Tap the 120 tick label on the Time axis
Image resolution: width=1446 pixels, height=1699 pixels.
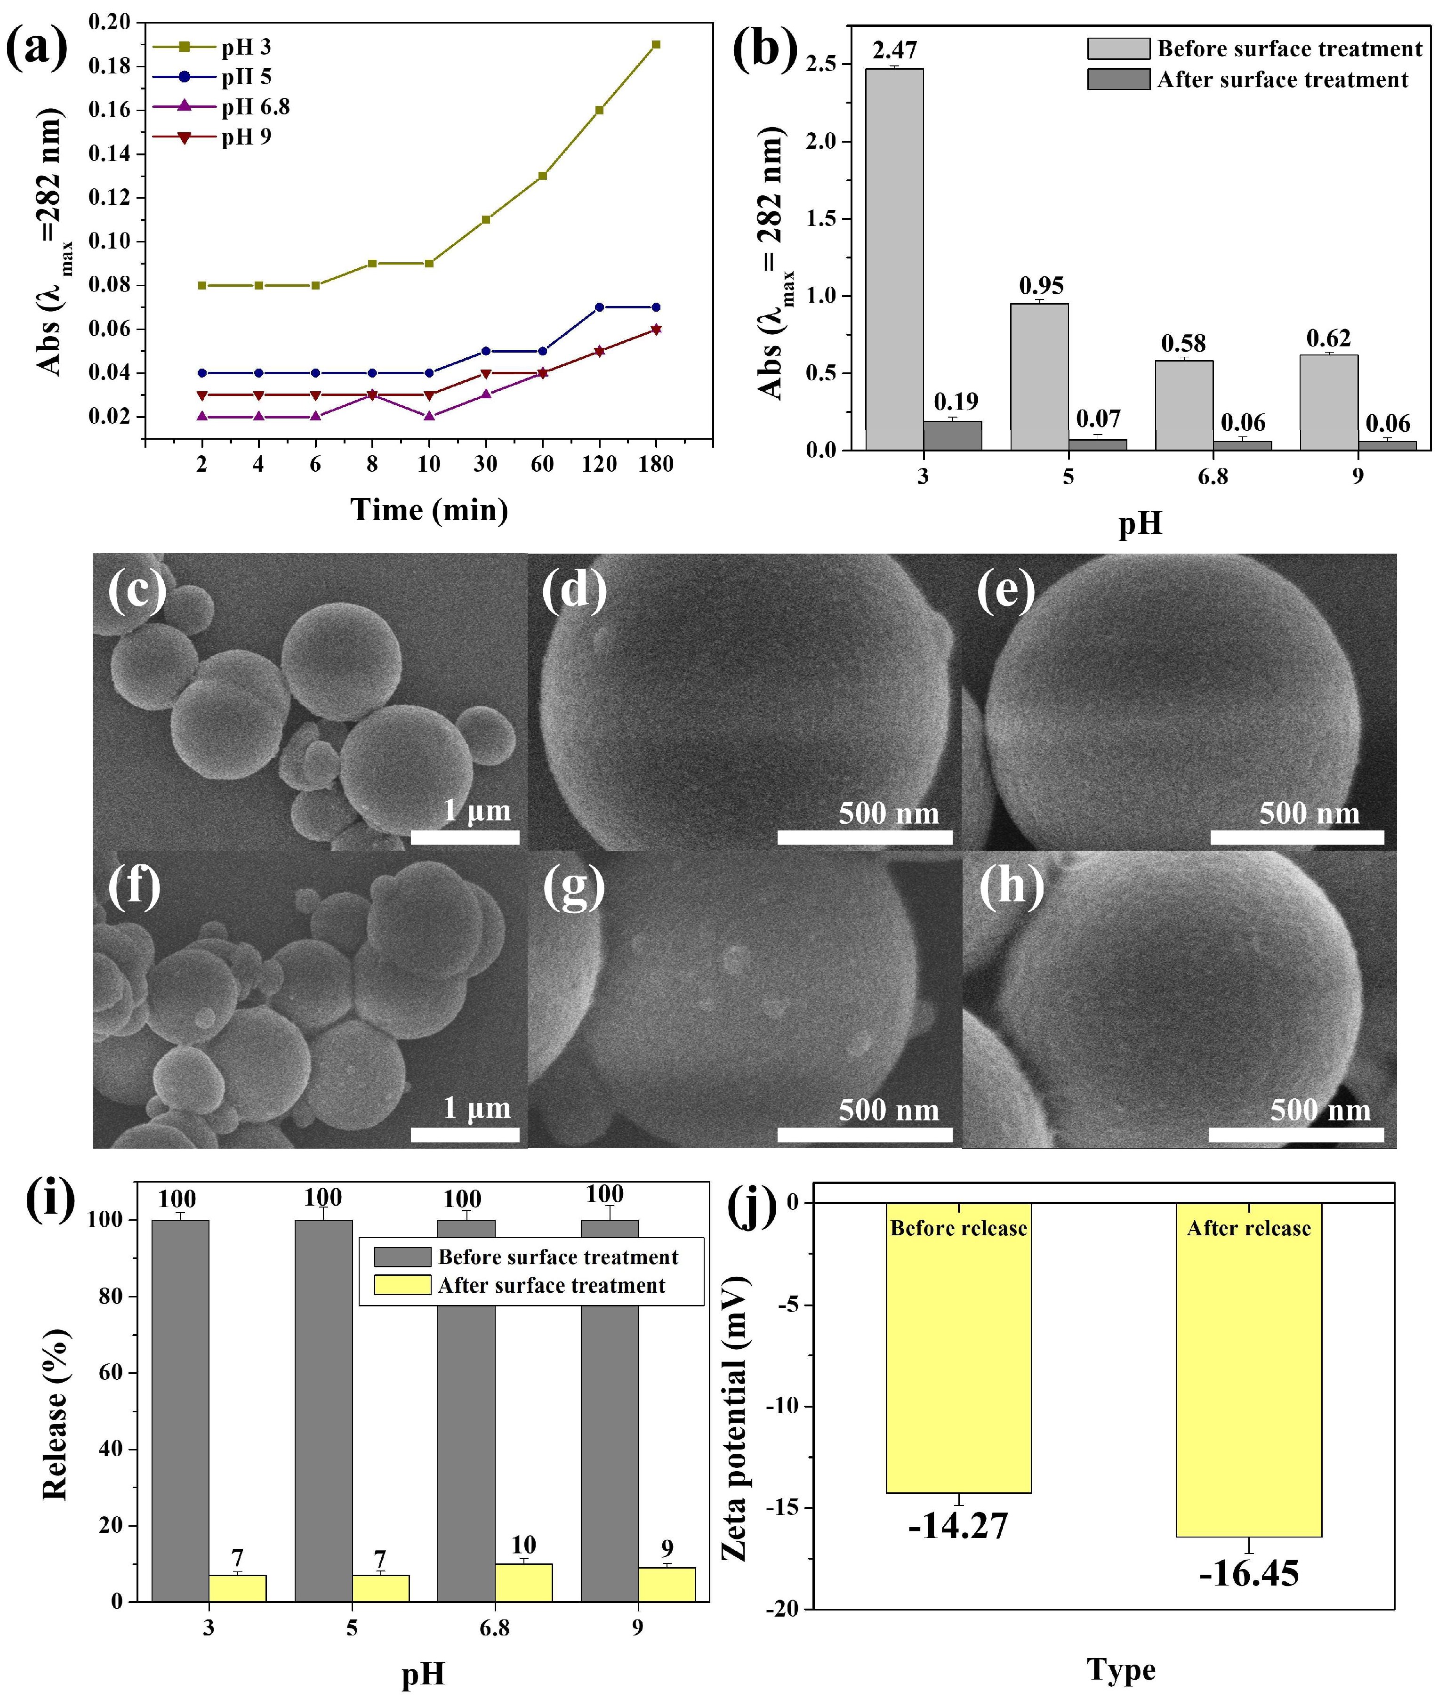point(599,464)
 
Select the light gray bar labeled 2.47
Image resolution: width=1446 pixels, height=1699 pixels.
point(894,258)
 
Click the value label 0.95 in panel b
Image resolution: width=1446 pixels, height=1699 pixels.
point(1041,285)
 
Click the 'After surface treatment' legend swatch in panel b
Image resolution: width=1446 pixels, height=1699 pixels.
point(1117,80)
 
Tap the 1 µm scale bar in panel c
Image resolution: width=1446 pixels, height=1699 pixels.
point(465,837)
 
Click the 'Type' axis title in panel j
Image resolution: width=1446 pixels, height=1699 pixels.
point(1121,1669)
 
